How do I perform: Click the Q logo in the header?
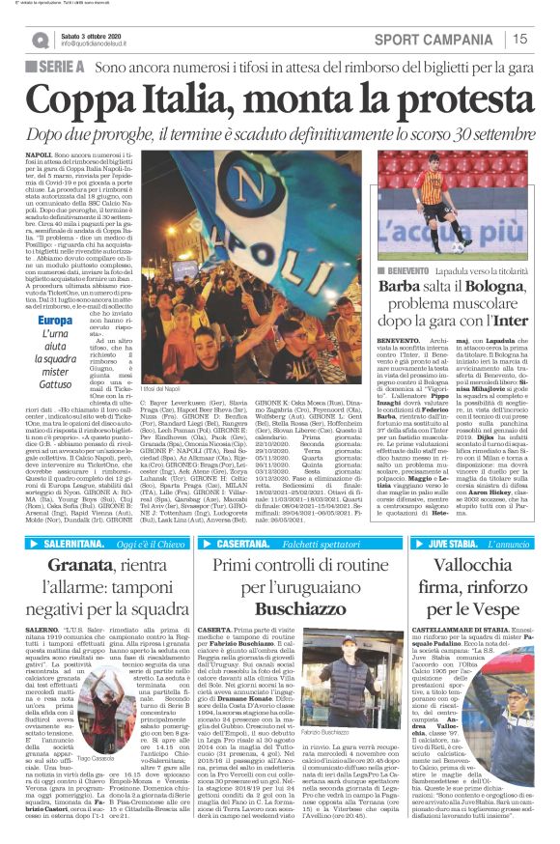[40, 40]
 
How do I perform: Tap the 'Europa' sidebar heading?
[55, 321]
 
